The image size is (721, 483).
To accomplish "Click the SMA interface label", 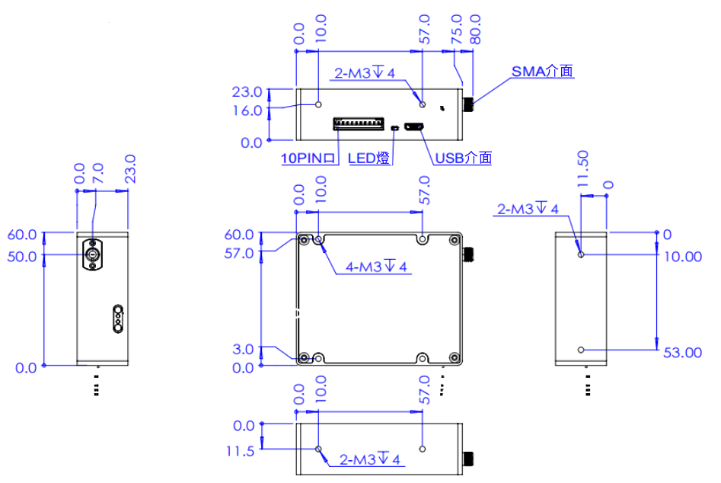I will [x=542, y=71].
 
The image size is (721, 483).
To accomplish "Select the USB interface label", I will [x=463, y=158].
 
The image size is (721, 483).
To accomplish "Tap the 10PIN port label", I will [x=308, y=158].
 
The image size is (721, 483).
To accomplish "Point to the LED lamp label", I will [x=369, y=158].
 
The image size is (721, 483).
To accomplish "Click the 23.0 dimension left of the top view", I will [x=247, y=92].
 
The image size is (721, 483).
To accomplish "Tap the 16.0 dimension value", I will [x=247, y=110].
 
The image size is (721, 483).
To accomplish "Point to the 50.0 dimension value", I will [x=21, y=256].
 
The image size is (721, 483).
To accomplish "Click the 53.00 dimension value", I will [x=681, y=352].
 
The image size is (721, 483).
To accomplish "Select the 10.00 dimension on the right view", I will [x=682, y=257].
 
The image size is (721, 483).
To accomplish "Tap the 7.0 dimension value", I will [x=97, y=173].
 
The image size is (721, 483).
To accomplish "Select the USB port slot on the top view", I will [x=415, y=127].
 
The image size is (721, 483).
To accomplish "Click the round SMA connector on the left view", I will [x=93, y=255].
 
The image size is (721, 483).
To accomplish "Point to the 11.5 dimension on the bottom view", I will [x=240, y=451].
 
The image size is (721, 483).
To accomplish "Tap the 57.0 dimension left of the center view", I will [x=238, y=253].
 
